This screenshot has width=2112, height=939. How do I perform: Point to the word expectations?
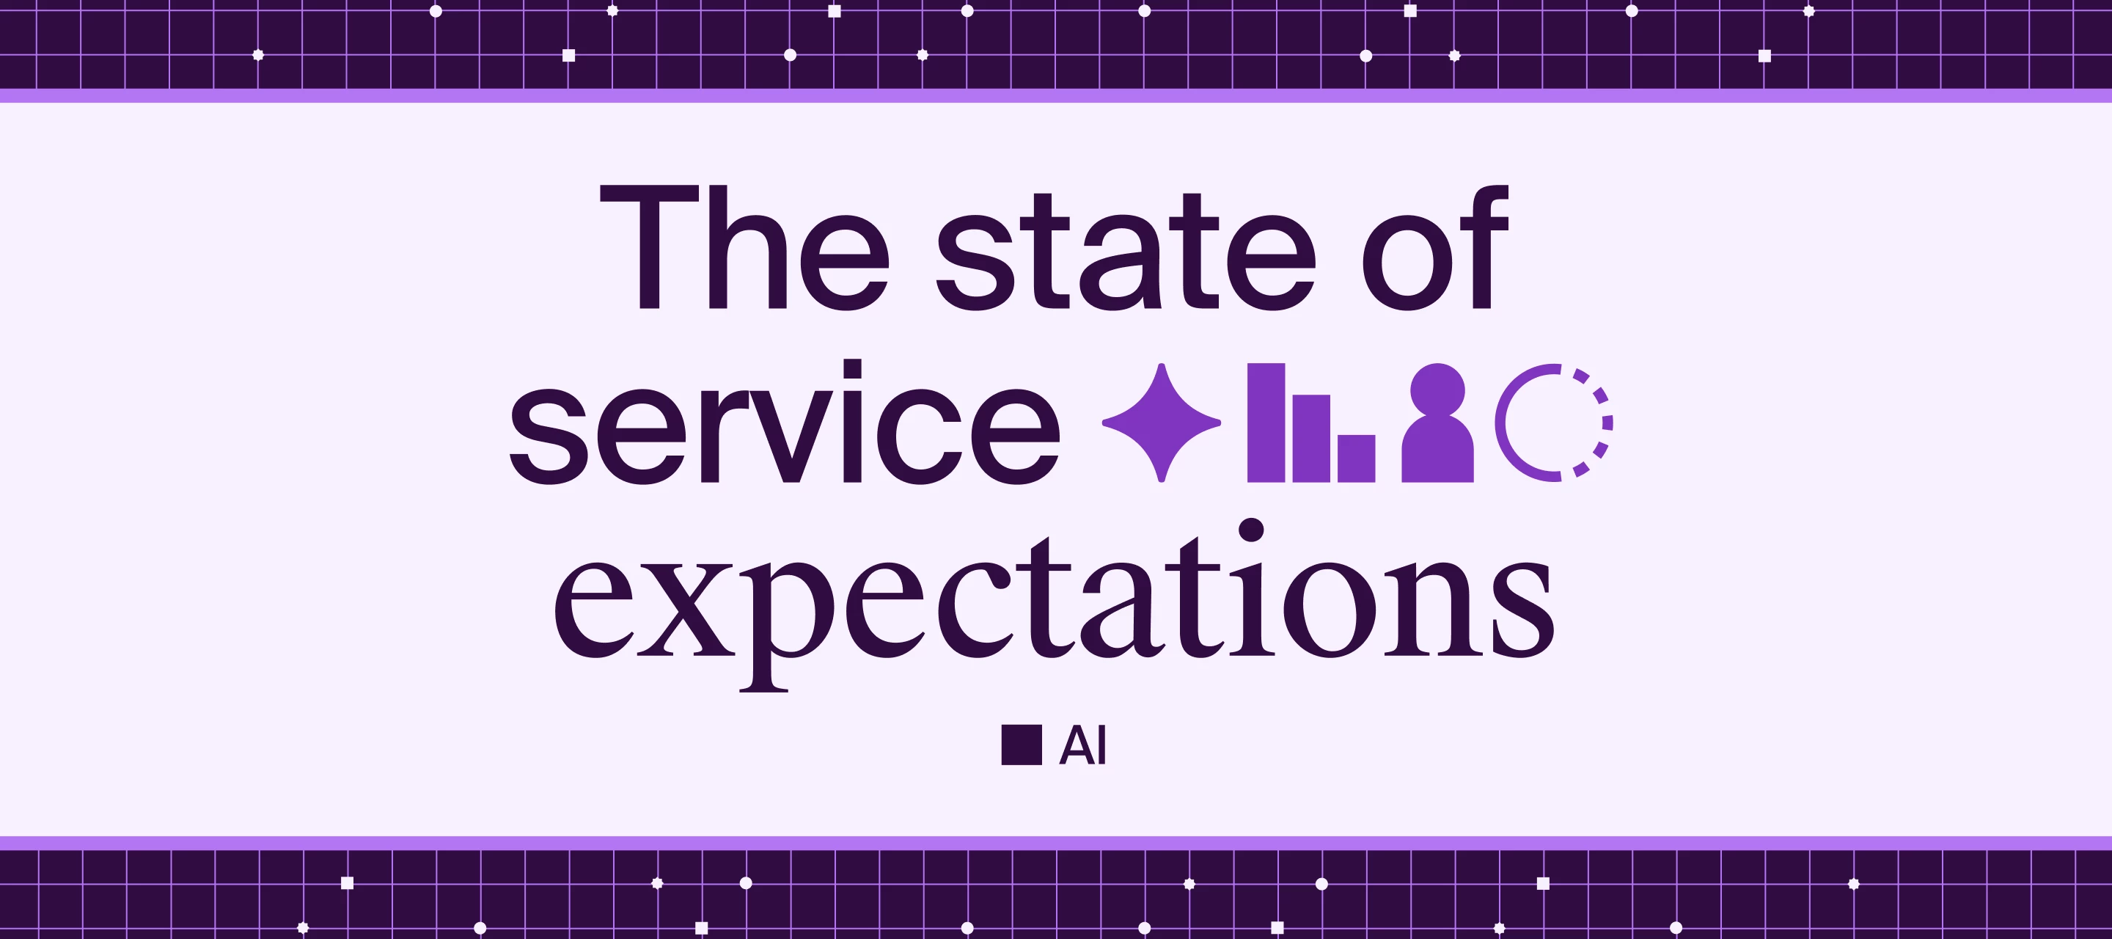coord(1055,607)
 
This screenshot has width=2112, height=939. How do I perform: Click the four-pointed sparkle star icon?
coord(1161,423)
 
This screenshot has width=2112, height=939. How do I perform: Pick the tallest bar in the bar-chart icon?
coord(1265,423)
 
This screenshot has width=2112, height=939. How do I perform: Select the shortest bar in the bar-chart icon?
coord(1356,458)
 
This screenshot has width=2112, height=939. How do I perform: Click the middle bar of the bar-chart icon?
coord(1311,438)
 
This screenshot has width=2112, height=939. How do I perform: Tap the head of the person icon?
coord(1437,390)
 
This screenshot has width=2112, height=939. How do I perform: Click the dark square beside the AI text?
coord(1022,745)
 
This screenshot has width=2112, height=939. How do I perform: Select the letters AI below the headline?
coord(1082,745)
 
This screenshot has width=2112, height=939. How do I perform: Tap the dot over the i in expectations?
coord(1251,530)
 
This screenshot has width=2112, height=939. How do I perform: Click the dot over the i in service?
coord(852,368)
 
